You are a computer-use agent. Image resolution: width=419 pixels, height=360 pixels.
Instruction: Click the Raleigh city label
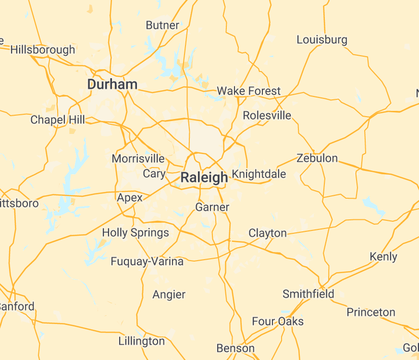(204, 178)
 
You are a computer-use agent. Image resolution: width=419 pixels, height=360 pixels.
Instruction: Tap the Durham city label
(112, 84)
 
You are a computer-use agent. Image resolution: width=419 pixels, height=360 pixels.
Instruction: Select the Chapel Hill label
(58, 120)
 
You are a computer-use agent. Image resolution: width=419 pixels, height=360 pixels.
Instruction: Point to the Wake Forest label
(248, 91)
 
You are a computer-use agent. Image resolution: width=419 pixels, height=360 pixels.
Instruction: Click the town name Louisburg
(321, 39)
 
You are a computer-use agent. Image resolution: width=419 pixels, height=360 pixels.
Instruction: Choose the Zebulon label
(317, 158)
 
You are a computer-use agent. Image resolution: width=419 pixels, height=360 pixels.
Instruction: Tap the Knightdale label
(259, 174)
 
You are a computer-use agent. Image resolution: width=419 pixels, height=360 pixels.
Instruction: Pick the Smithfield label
(308, 294)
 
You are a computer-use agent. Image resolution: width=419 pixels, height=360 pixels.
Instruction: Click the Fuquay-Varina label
(147, 262)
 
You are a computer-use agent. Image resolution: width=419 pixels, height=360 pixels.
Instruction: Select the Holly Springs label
(136, 233)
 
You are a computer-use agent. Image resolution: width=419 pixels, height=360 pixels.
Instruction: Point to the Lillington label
(141, 341)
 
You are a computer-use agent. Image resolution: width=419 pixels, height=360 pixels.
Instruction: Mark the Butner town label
(162, 25)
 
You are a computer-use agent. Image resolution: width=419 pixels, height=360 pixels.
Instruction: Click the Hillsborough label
(43, 49)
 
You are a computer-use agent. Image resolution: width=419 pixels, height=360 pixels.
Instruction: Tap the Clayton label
(267, 233)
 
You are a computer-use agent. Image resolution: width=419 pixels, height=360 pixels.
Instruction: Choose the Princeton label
(371, 312)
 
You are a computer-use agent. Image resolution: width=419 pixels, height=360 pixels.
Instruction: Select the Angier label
(169, 294)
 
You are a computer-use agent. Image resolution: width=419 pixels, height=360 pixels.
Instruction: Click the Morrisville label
(138, 158)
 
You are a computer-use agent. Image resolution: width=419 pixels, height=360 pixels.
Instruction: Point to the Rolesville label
(267, 115)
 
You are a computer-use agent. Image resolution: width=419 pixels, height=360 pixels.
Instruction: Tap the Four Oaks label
(278, 321)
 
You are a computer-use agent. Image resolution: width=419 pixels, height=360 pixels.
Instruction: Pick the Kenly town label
(383, 256)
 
